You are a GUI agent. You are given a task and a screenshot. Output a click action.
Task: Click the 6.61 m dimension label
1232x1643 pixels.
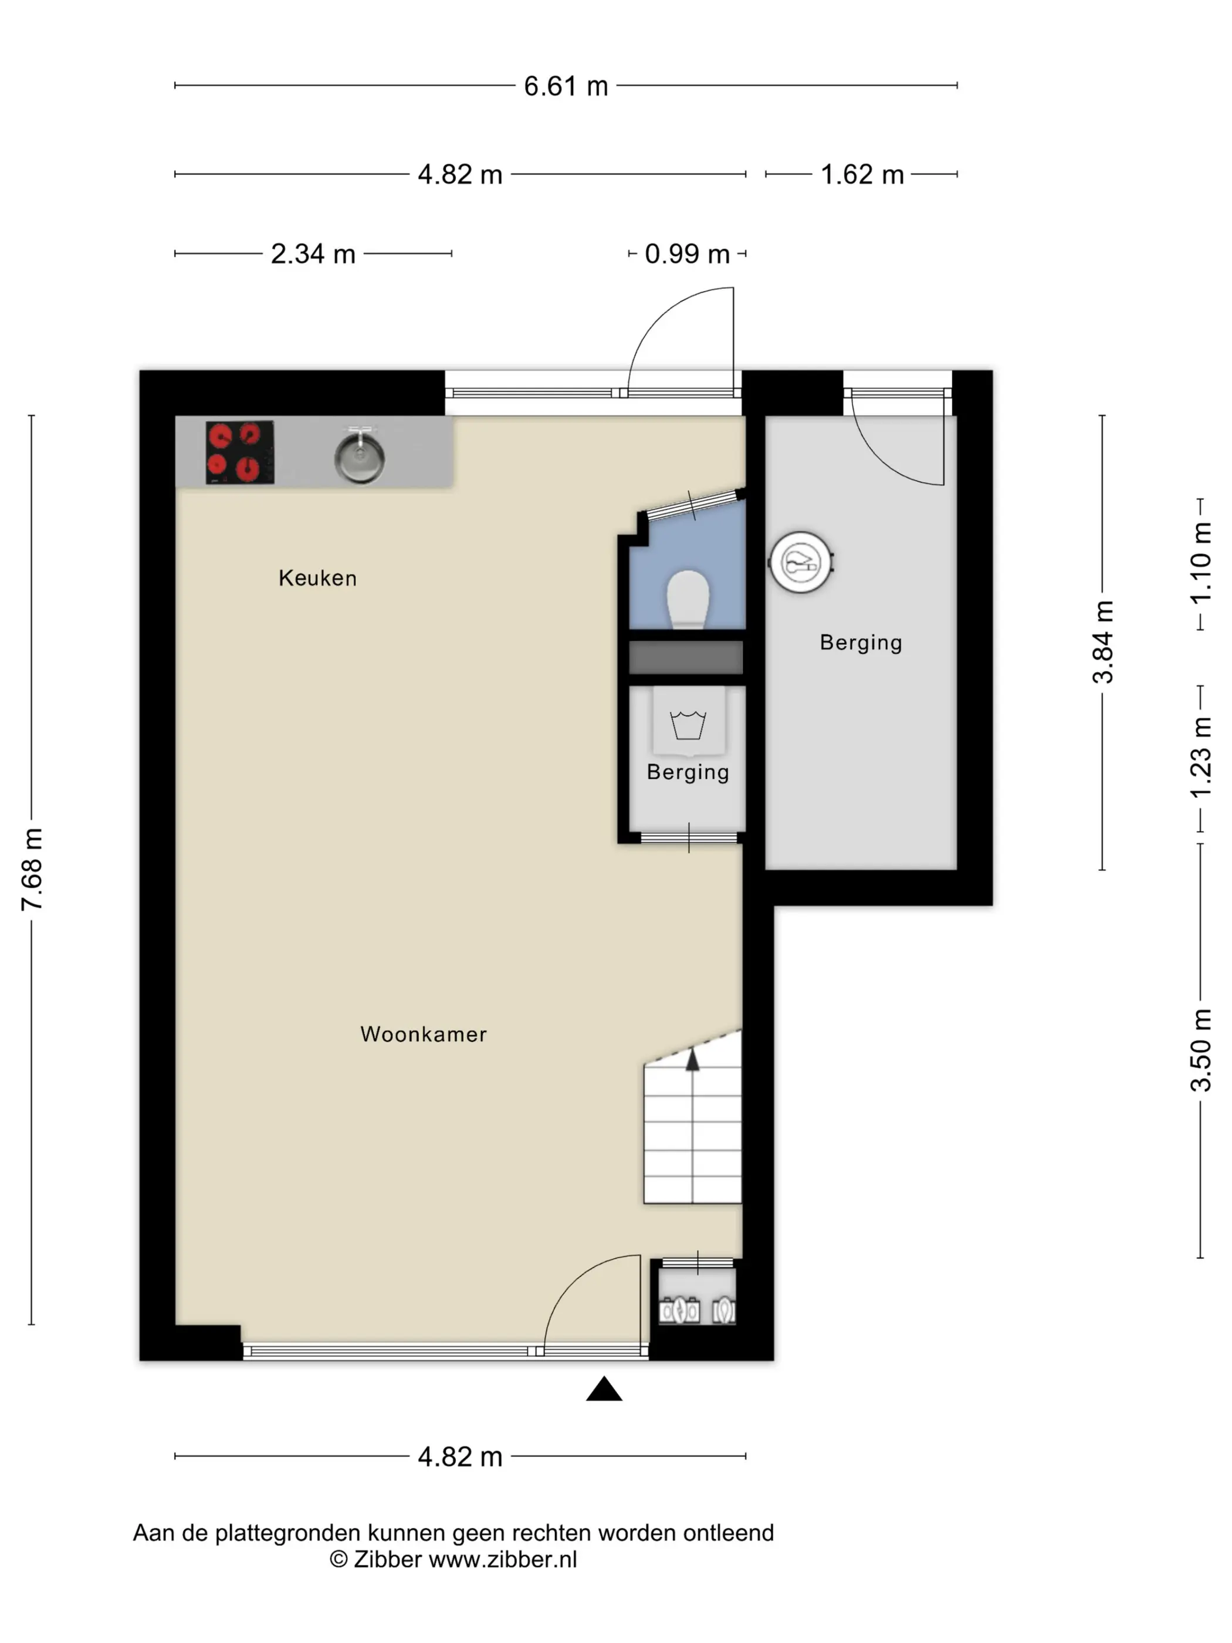pos(566,86)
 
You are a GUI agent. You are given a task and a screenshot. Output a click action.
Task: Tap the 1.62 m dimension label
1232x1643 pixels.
pos(862,174)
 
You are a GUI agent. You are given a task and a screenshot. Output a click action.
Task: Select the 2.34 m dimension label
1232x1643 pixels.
pos(313,254)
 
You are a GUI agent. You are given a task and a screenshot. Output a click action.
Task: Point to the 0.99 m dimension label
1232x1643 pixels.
pos(687,254)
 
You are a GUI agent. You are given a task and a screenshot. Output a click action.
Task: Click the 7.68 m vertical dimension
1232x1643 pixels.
pos(32,869)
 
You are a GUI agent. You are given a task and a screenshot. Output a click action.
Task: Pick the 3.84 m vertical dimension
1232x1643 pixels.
pos(1103,642)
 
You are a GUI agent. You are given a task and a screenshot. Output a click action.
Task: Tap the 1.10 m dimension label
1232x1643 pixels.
pos(1201,563)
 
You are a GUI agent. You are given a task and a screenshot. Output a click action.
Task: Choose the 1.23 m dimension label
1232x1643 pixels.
pos(1201,758)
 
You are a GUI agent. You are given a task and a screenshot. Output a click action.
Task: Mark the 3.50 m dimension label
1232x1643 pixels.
pos(1201,1050)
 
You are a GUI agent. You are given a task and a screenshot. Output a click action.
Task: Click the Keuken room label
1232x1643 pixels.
pos(318,578)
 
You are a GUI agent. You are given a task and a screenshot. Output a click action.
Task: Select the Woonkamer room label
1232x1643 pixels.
pos(424,1034)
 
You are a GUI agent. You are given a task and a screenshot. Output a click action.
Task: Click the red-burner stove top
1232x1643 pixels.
pos(240,452)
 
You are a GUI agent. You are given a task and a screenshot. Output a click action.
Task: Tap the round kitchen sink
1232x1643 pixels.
pos(360,455)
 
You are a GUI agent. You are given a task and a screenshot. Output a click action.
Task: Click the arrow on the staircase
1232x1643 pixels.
pos(692,1059)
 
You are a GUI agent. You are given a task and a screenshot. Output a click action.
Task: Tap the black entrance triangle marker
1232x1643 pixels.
pos(604,1388)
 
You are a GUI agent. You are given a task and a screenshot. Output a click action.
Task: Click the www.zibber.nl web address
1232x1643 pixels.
pos(503,1559)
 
